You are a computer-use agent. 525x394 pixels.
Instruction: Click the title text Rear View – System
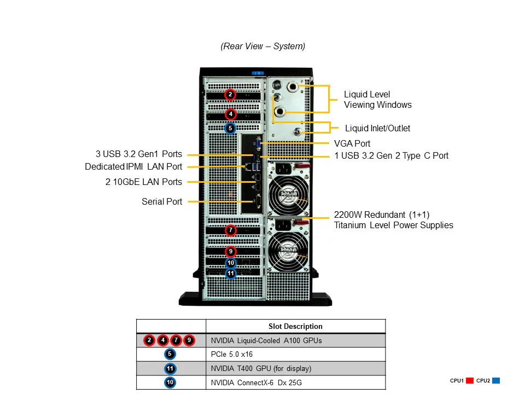coord(262,47)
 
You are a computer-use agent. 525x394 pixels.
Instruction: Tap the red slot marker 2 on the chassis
coord(231,95)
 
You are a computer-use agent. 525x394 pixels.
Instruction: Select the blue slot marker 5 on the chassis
coord(231,129)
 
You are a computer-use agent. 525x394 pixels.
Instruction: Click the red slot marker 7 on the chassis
coord(231,230)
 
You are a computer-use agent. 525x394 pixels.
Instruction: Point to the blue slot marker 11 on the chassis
coord(231,273)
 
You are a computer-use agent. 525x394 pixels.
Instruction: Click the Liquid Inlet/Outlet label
coord(377,129)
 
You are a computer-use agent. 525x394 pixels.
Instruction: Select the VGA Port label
coord(352,143)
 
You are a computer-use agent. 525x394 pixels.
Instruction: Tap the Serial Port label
coord(162,202)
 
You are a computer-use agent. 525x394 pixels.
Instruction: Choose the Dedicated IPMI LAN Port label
coord(133,167)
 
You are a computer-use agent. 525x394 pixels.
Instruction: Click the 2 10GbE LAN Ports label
coord(144,182)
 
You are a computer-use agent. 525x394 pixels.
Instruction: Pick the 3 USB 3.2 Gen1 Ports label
coord(138,154)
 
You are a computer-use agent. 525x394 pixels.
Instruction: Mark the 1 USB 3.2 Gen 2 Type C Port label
coord(392,156)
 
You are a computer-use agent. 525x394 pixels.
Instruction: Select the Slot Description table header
coord(295,327)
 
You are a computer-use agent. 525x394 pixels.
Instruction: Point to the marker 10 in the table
coord(170,383)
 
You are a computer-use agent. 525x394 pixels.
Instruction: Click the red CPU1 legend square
coord(469,381)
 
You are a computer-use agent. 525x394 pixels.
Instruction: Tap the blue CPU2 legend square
coord(495,381)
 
